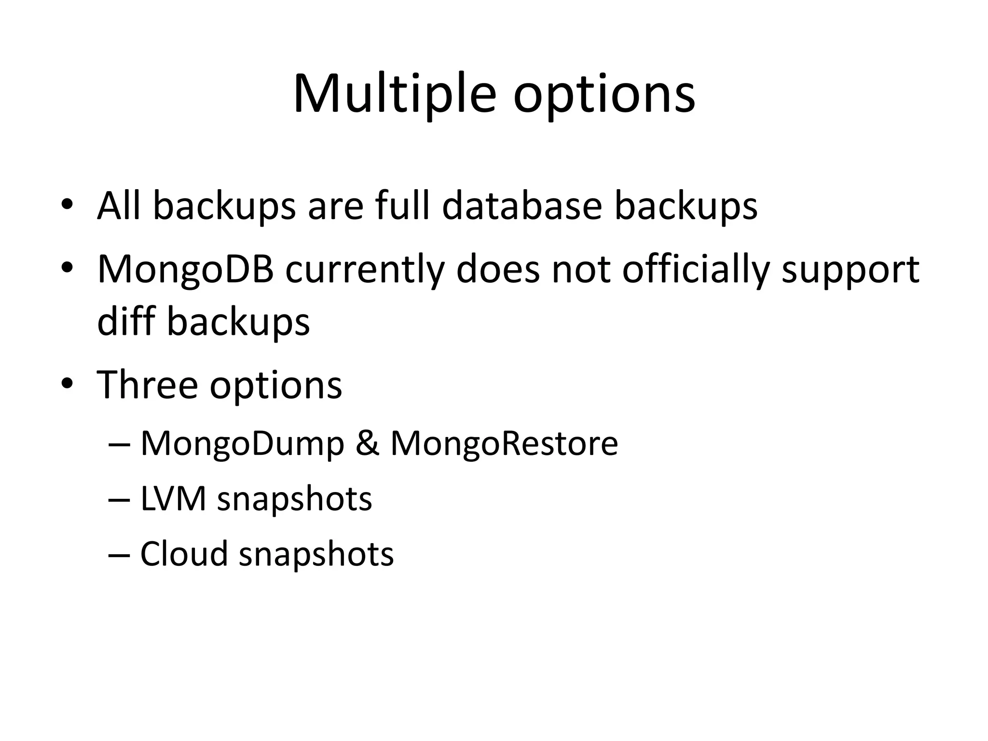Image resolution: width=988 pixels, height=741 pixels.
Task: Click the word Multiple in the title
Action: (x=394, y=95)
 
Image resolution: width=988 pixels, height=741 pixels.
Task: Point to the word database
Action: (x=522, y=206)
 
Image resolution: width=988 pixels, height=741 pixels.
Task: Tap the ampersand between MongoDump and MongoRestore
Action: (x=367, y=444)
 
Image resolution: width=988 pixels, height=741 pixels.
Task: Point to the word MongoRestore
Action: (x=504, y=444)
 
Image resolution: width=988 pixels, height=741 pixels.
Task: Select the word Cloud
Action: (x=184, y=554)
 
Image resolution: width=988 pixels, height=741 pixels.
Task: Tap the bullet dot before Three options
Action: (x=67, y=384)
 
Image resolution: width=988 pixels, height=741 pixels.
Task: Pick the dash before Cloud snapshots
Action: (x=119, y=555)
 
